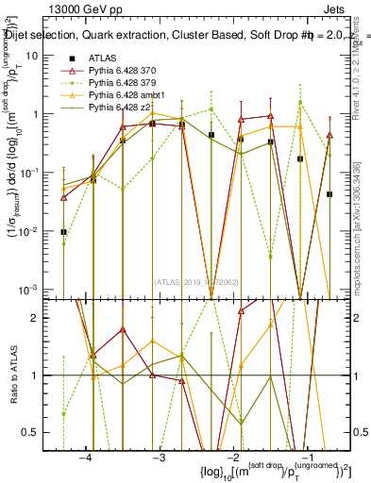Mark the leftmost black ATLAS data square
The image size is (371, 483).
[x=63, y=231]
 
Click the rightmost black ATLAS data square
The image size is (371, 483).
[x=329, y=194]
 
